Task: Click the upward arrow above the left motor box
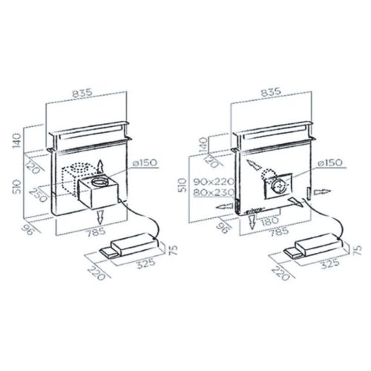point(101,165)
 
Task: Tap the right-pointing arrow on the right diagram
point(320,191)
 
